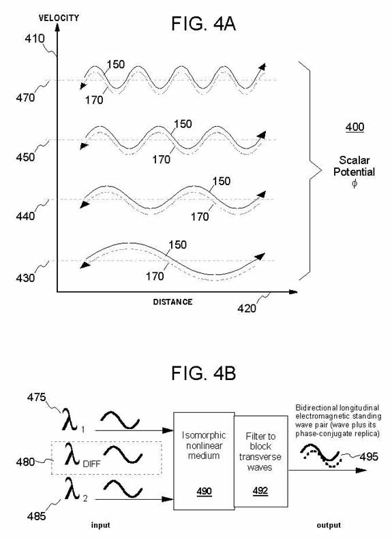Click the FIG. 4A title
[x=203, y=24]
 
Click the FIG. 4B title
[x=203, y=373]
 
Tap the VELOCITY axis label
[x=59, y=18]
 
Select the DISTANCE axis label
[x=172, y=302]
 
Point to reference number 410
[x=35, y=39]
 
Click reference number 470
[x=25, y=97]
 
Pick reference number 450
[x=25, y=157]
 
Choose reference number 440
[x=25, y=217]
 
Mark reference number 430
[x=25, y=278]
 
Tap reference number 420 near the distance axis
[x=247, y=308]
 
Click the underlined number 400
[x=355, y=127]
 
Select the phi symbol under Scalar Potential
[x=355, y=184]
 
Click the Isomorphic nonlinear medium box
[x=204, y=461]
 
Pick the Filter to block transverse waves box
[x=261, y=461]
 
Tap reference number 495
[x=369, y=457]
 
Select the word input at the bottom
[x=100, y=525]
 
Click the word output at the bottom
[x=329, y=525]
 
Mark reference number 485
[x=37, y=516]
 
